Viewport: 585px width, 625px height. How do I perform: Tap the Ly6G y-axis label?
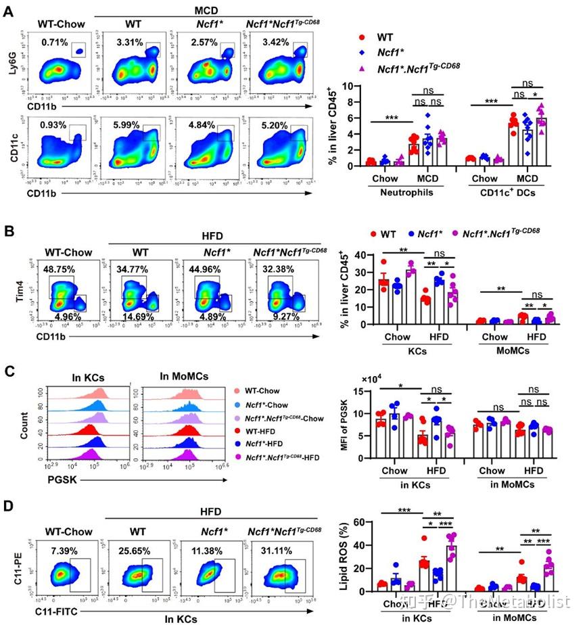[x=11, y=64]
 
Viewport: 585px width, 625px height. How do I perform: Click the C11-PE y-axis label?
[x=11, y=559]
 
